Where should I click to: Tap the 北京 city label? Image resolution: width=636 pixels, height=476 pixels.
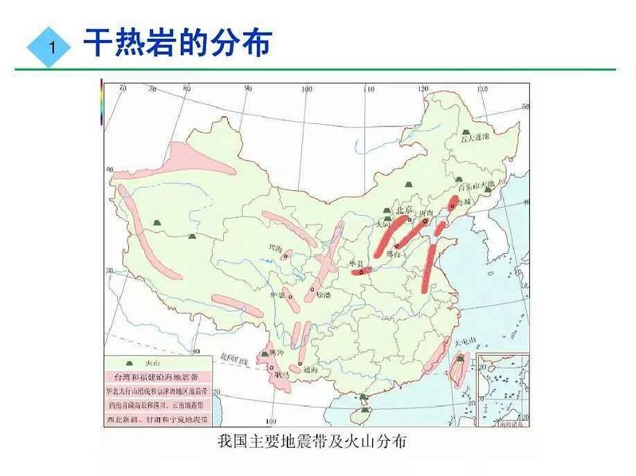pos(403,210)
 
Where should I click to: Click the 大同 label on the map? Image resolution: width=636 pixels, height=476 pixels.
pos(382,225)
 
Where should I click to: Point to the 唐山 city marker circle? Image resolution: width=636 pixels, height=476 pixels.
pos(425,221)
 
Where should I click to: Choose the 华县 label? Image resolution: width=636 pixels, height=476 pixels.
pos(356,264)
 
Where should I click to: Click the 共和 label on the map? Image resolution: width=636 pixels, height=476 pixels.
pos(275,247)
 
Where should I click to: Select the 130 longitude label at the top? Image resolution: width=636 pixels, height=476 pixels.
pos(483,89)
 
